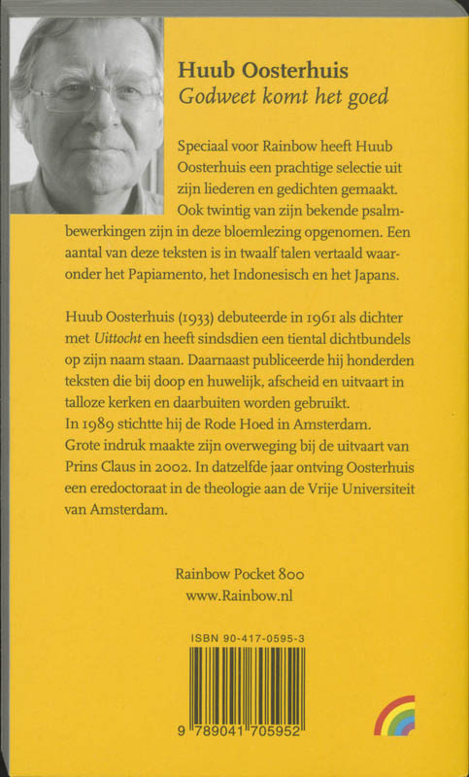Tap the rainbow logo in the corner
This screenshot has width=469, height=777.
(x=395, y=716)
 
